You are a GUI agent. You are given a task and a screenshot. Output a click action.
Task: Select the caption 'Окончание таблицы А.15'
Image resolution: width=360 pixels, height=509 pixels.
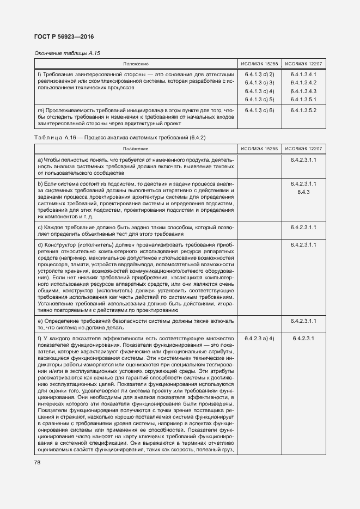[68, 53]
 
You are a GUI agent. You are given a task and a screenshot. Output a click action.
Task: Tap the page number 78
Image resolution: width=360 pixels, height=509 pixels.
[38, 462]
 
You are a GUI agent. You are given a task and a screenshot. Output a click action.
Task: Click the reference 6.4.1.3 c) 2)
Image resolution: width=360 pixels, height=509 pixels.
[259, 74]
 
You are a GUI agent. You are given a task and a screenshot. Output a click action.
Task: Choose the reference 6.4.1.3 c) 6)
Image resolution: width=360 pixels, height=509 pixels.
[259, 111]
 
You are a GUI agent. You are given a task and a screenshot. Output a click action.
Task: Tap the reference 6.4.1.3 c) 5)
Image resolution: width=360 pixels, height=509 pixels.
[259, 99]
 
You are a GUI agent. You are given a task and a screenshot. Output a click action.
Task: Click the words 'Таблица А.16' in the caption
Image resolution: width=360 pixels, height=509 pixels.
[54, 137]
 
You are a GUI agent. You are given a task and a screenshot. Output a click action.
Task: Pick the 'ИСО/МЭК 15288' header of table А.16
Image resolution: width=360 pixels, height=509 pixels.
[259, 149]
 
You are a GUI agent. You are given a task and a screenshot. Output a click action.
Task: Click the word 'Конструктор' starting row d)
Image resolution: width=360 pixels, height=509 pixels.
[60, 245]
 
